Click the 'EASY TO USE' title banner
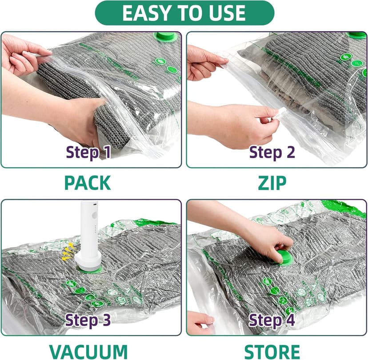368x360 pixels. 184,13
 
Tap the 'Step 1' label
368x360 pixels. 88,152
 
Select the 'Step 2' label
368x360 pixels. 272,152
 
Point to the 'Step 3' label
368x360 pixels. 87,320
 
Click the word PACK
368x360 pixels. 88,182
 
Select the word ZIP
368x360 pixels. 272,182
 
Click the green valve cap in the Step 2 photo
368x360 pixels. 356,35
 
